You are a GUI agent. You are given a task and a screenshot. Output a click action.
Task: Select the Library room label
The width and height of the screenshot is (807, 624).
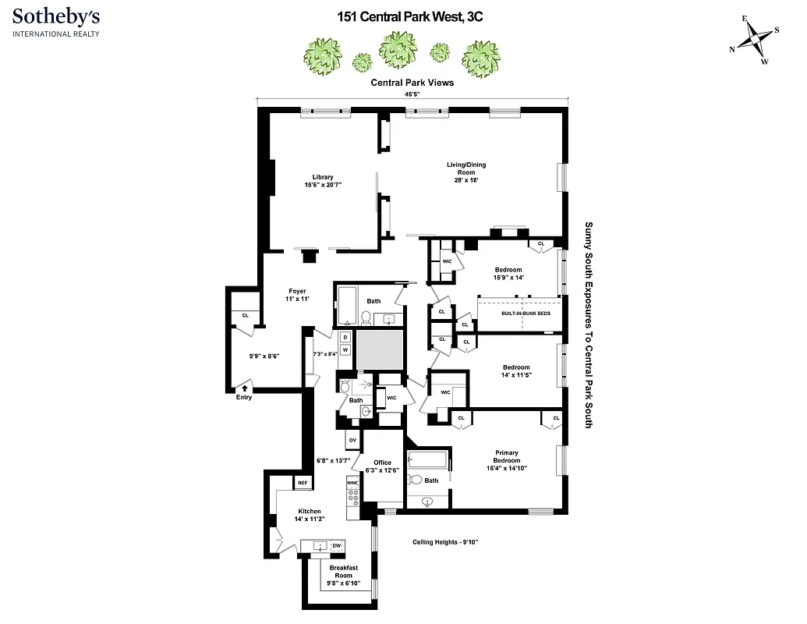[x=323, y=181]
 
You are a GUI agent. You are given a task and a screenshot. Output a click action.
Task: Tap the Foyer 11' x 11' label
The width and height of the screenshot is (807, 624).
[x=297, y=296]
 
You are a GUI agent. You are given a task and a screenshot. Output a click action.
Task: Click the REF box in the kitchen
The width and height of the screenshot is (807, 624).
[x=303, y=484]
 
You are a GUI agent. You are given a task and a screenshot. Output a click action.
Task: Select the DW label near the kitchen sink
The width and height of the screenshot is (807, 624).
[x=337, y=545]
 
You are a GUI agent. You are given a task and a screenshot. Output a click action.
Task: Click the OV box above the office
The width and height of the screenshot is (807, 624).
[x=352, y=441]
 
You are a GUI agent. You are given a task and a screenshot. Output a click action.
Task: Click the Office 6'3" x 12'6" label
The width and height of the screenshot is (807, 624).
[x=382, y=467]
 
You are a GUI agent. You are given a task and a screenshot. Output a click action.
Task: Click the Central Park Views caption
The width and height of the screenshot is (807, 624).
[x=412, y=81]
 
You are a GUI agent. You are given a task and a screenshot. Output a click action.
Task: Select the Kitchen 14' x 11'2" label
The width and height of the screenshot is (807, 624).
[x=309, y=516]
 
